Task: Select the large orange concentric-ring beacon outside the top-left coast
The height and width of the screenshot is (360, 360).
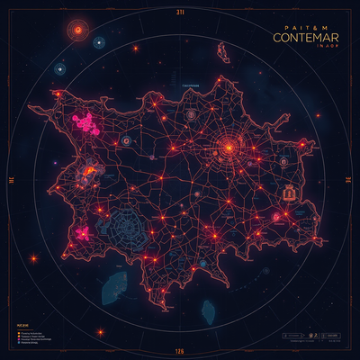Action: (x=79, y=31)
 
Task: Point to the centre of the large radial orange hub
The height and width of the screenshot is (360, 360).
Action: (x=229, y=147)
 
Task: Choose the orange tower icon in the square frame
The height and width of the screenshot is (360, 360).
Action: (x=289, y=192)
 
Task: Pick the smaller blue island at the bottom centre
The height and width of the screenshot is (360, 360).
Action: (x=207, y=311)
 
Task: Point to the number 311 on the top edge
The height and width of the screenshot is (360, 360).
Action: (x=179, y=12)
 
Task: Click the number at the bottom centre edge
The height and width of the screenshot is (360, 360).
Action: (x=179, y=348)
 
